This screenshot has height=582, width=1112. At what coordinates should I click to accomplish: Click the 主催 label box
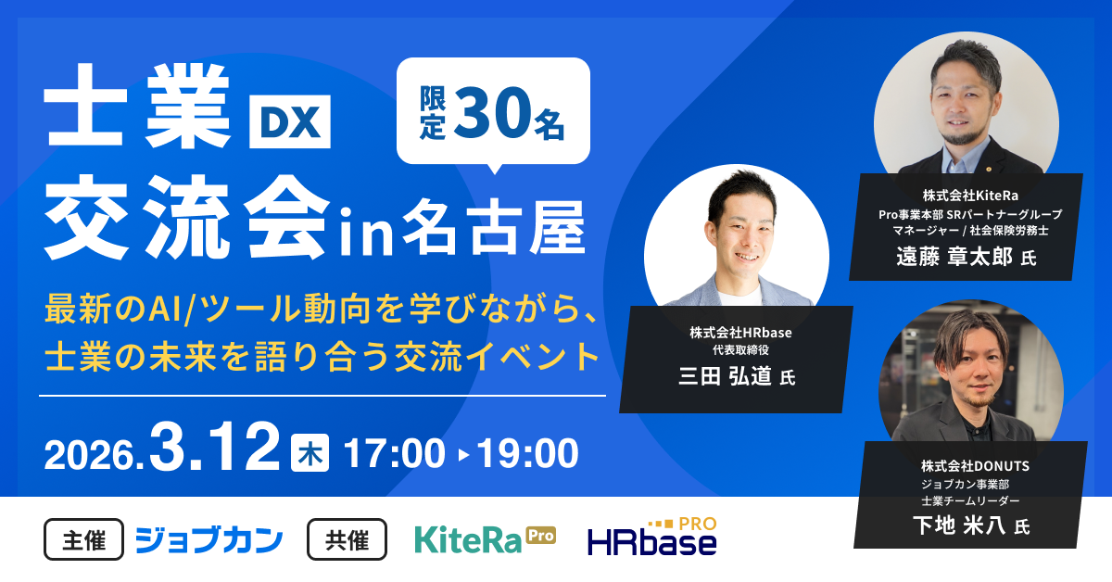(x=83, y=539)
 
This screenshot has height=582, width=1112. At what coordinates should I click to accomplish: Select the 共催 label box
(x=347, y=539)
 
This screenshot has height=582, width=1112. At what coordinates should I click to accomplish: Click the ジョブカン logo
(x=208, y=539)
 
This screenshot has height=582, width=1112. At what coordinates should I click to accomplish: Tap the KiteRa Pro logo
(x=485, y=538)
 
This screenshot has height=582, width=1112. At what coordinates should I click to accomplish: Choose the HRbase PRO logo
(x=652, y=538)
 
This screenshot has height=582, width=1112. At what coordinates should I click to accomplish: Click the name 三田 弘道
(x=726, y=376)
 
